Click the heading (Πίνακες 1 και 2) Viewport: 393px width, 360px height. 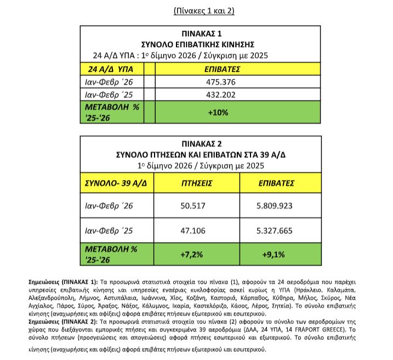coord(196,10)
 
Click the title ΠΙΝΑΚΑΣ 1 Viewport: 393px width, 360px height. coord(197,34)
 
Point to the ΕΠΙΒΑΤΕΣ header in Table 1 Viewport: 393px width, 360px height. coord(224,70)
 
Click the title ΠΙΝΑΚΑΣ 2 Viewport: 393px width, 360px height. coord(197,145)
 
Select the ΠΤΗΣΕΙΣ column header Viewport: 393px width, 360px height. coord(196,183)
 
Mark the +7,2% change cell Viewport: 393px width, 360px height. coord(196,255)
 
